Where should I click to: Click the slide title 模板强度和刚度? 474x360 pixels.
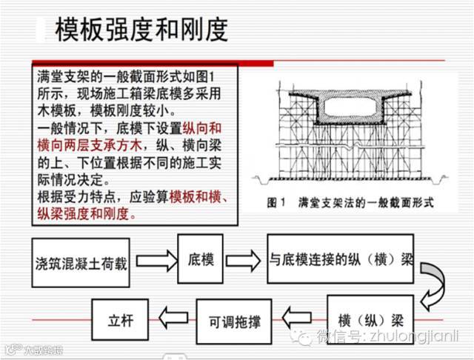pyautogui.click(x=141, y=29)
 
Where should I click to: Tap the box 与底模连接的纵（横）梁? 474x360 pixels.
pyautogui.click(x=341, y=260)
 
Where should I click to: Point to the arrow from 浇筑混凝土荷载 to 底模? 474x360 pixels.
pyautogui.click(x=156, y=261)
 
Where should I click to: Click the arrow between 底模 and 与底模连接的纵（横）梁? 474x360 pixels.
pyautogui.click(x=243, y=261)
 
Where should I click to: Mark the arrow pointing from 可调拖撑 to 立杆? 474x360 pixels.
pyautogui.click(x=175, y=320)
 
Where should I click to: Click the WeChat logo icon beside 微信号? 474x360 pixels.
pyautogui.click(x=303, y=338)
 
